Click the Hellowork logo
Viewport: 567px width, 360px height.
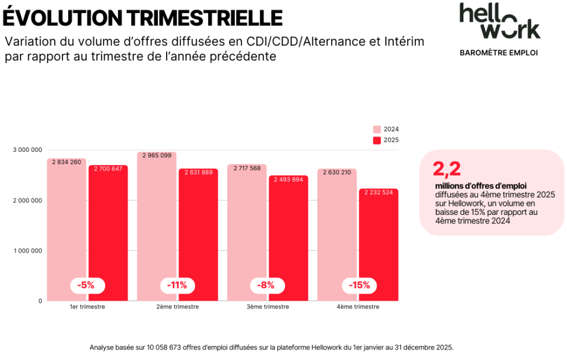point(499,21)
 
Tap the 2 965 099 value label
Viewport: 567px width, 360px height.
point(157,156)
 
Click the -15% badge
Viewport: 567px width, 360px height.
point(359,286)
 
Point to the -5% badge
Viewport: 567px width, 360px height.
point(86,286)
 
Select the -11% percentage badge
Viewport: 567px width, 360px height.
point(177,286)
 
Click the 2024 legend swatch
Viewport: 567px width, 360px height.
point(377,129)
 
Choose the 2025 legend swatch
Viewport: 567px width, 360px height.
point(377,140)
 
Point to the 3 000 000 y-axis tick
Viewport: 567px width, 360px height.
point(27,150)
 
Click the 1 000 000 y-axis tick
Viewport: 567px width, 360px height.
point(27,251)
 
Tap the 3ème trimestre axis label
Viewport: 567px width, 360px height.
point(267,307)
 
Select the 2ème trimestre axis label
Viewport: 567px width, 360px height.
point(177,307)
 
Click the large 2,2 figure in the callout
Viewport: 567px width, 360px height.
point(447,169)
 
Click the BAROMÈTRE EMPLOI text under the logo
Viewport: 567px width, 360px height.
point(499,53)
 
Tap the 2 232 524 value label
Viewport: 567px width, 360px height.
point(378,193)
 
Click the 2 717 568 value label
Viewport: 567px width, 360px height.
point(247,168)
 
